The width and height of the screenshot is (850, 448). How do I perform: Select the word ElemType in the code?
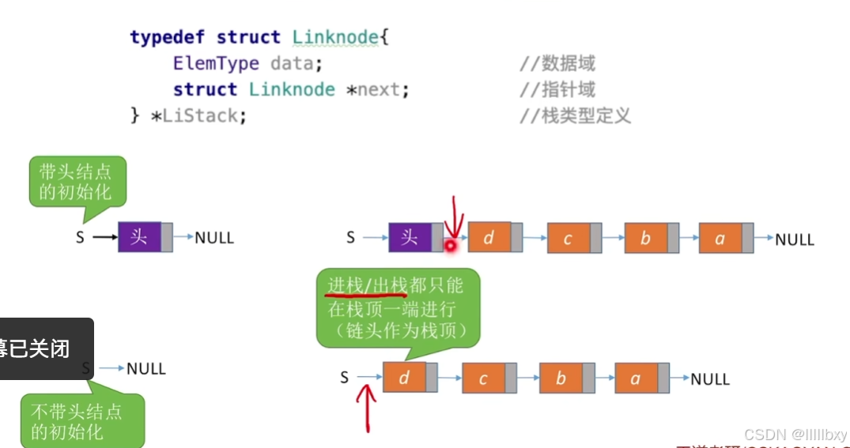216,63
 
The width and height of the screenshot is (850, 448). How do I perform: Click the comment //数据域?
557,63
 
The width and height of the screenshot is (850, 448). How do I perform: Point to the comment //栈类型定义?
575,115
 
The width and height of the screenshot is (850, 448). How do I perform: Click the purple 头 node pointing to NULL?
139,237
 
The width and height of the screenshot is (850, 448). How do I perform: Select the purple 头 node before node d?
410,237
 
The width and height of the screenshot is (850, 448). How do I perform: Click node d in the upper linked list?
489,237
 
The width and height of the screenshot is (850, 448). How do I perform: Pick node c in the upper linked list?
567,238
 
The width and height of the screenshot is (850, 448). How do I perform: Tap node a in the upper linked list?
720,238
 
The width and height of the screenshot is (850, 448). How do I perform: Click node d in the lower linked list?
404,378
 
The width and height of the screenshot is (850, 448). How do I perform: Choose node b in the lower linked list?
560,378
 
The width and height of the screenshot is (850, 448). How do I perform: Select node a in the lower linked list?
635,378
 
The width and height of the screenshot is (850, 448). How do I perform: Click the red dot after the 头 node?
451,245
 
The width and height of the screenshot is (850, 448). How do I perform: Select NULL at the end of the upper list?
795,239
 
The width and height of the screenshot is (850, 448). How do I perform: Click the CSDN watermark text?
795,434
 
